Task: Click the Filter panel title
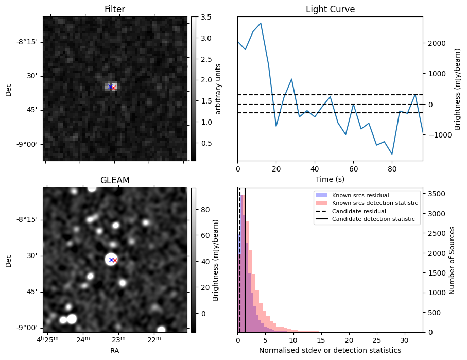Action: (x=114, y=9)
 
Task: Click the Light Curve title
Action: (x=330, y=9)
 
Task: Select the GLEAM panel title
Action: (x=114, y=180)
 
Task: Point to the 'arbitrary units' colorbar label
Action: (x=218, y=89)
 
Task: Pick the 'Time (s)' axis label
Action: (x=330, y=179)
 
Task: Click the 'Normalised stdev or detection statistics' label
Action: (x=330, y=350)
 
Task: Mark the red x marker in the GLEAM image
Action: (x=115, y=260)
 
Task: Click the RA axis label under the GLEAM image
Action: (x=114, y=351)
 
